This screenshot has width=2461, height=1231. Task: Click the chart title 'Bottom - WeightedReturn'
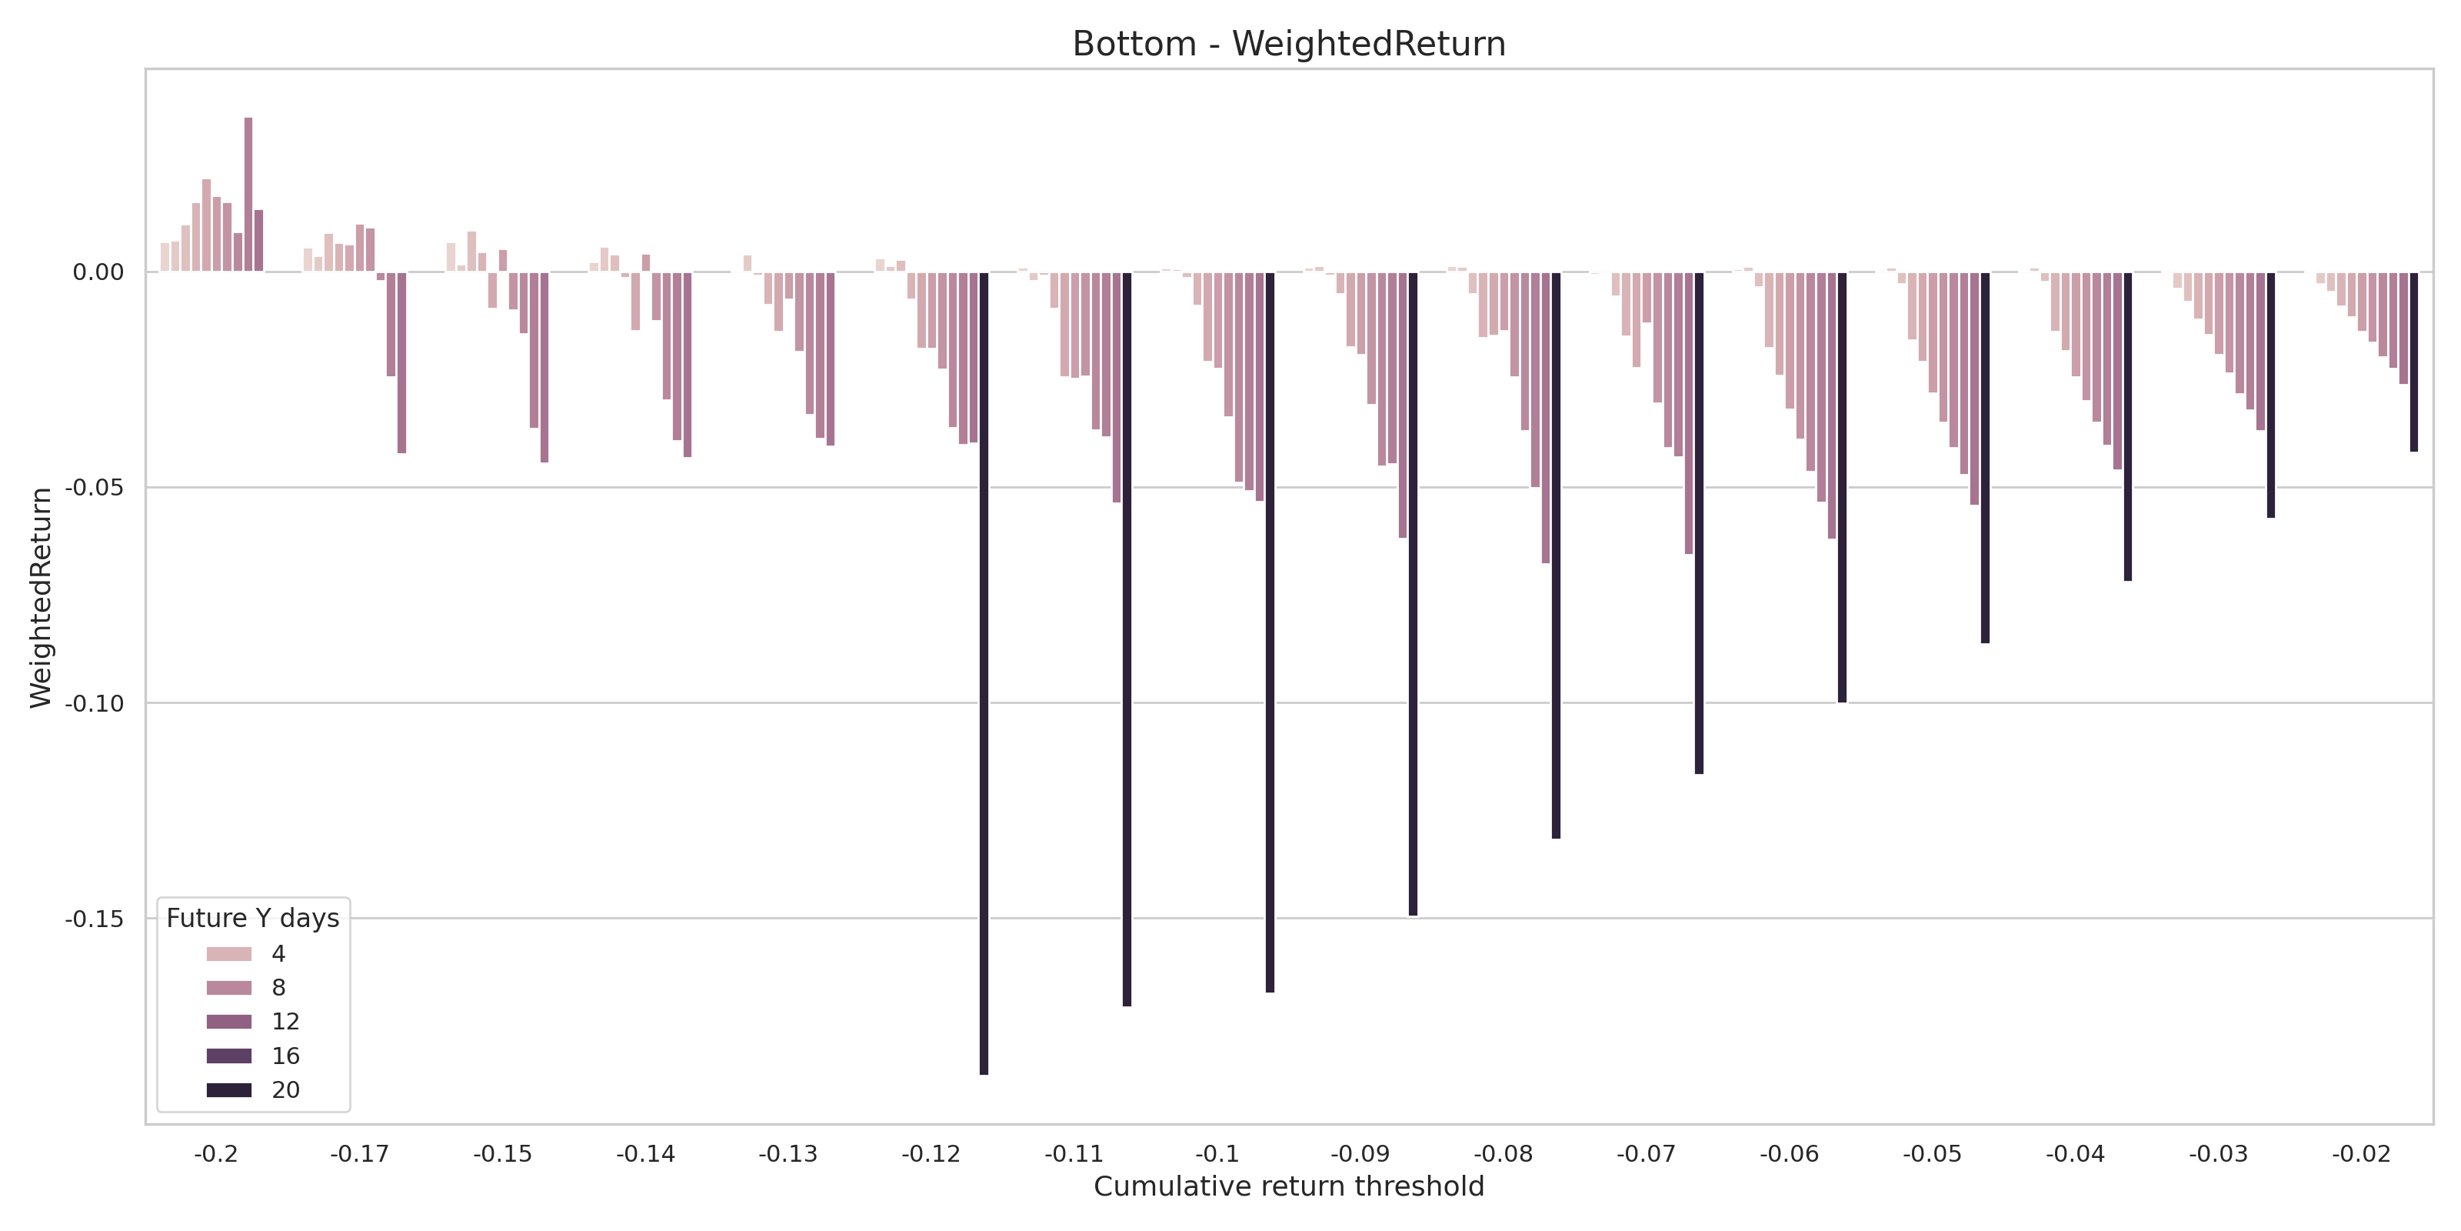(1288, 44)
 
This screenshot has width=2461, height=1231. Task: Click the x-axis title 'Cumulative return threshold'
(1288, 1186)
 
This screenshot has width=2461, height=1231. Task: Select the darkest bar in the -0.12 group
(984, 673)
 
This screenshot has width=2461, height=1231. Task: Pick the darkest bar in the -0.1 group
(1270, 632)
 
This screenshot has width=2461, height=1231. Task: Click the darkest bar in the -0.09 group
(1413, 593)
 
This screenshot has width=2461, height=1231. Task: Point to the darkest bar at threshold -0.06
(1842, 488)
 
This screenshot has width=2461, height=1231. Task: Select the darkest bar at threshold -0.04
(2127, 426)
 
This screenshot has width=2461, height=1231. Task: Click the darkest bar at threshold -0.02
(2414, 362)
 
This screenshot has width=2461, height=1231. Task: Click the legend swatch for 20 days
(229, 1089)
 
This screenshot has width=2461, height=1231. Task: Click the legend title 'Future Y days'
(252, 919)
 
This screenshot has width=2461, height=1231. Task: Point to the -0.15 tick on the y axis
(95, 919)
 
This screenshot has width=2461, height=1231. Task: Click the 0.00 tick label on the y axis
(98, 272)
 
